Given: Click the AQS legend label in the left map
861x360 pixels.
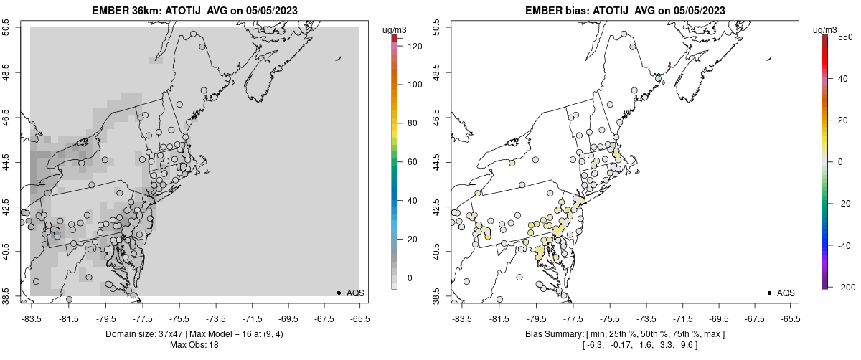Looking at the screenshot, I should pos(355,293).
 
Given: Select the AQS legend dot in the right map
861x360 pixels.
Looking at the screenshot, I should pos(769,293).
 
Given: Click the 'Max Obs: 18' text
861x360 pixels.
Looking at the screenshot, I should pos(195,345).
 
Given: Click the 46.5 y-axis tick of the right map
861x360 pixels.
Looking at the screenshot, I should pos(438,118).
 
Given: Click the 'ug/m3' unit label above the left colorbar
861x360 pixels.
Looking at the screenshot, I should pos(396,29).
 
